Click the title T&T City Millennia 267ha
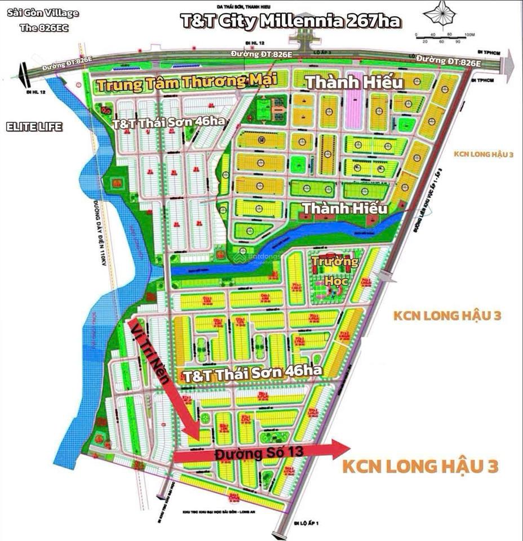290,21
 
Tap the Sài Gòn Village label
42,13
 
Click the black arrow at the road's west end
21,72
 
